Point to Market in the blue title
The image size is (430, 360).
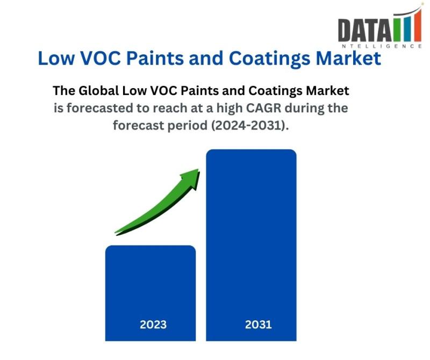352,59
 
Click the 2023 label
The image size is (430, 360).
153,325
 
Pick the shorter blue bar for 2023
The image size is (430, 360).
150,285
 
